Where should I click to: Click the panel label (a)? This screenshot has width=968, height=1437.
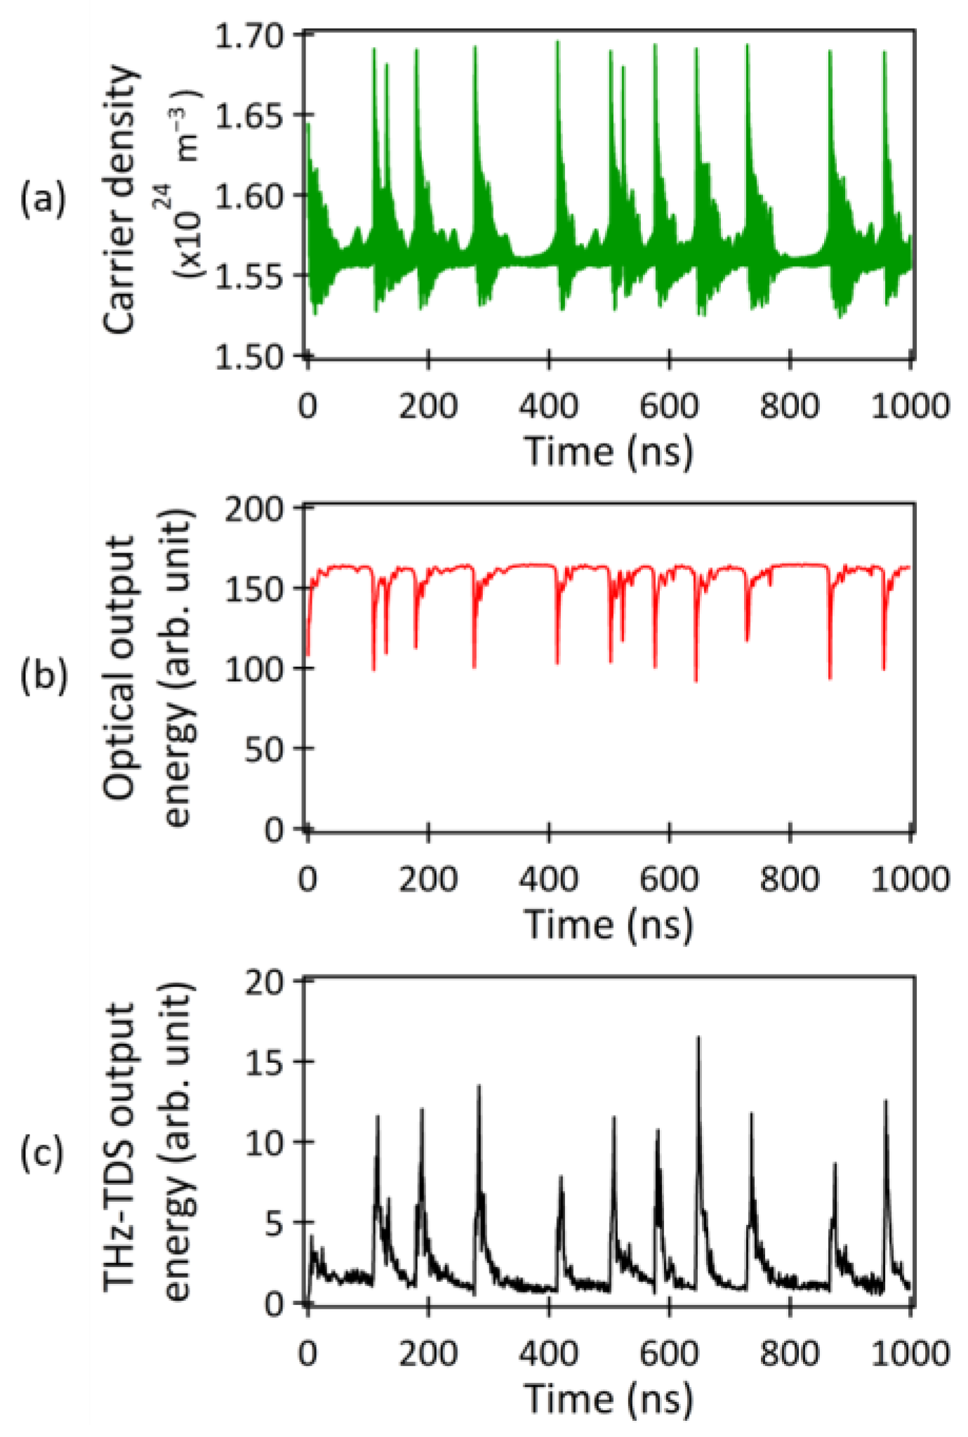click(x=43, y=199)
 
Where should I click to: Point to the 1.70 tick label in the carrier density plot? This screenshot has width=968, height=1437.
click(x=248, y=35)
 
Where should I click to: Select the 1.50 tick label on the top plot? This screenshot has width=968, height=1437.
click(x=248, y=357)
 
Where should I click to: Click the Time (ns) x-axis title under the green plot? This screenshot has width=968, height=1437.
click(x=609, y=451)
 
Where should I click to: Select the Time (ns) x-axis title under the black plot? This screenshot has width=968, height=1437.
click(x=609, y=1398)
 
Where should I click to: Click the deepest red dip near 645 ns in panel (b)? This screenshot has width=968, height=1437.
click(x=696, y=680)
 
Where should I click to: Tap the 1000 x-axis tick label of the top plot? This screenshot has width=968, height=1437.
click(x=910, y=406)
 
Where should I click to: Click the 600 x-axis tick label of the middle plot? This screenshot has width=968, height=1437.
click(x=669, y=880)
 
